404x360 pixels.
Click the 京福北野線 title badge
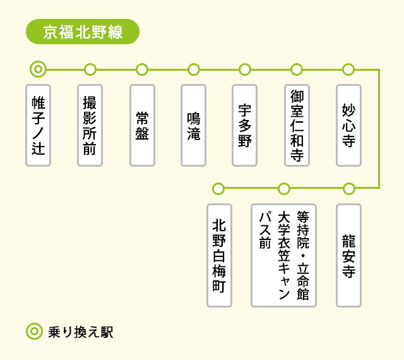(x=82, y=32)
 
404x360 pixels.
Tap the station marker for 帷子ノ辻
(x=38, y=69)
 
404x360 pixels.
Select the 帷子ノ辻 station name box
(x=38, y=125)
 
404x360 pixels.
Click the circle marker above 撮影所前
(x=90, y=69)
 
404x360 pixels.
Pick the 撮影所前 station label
(x=90, y=125)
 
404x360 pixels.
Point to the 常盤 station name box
(x=142, y=125)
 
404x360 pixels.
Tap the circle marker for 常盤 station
(x=142, y=69)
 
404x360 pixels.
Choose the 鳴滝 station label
(x=193, y=125)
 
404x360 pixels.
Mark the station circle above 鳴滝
(x=194, y=69)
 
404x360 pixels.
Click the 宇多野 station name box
(x=245, y=125)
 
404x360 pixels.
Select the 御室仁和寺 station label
(x=297, y=125)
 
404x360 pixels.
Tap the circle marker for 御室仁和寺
(x=297, y=69)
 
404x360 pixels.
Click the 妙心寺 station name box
(x=348, y=125)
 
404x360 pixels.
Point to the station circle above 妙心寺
(x=348, y=69)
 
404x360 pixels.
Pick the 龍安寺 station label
(x=348, y=255)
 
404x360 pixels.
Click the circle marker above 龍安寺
(x=349, y=188)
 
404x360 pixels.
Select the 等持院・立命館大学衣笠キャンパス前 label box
(x=283, y=255)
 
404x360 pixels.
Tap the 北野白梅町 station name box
(x=219, y=255)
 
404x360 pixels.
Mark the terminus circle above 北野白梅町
(x=218, y=188)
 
